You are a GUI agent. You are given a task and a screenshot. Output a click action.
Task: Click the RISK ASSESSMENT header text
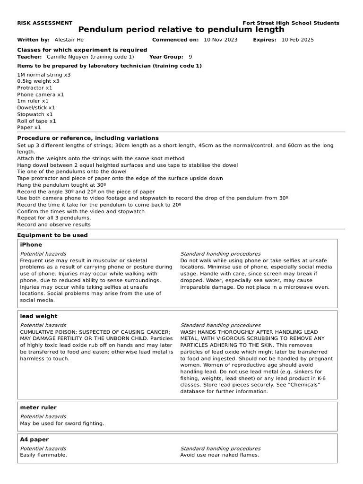44,23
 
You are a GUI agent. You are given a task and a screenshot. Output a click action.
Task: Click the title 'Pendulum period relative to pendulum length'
181,30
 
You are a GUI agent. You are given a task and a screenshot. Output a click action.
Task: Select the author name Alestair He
70,40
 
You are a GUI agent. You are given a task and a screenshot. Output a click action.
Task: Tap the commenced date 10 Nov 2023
221,40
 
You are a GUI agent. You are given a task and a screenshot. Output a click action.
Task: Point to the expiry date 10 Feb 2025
297,40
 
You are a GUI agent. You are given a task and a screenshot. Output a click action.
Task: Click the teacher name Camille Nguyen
90,56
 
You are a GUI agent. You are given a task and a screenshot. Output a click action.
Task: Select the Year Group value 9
190,56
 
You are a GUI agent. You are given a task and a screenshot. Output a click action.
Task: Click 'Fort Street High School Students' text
290,23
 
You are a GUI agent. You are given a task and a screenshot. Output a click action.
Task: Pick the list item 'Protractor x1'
35,88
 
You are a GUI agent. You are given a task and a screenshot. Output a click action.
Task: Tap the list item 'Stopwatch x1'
35,114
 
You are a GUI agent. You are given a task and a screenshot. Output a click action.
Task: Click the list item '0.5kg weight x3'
38,81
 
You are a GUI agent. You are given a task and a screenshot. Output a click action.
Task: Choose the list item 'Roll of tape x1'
36,121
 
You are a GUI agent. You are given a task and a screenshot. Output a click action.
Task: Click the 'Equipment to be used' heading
52,235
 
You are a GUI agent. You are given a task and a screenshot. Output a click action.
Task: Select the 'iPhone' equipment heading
31,245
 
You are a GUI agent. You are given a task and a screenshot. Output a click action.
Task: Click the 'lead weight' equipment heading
38,316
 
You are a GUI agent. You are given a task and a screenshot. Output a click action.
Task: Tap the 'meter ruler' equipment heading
38,407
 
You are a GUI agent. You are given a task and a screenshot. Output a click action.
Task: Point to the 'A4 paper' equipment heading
34,440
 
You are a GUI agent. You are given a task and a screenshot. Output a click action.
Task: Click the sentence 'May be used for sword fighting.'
62,423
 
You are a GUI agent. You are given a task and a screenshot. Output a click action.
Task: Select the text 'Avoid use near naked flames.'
219,455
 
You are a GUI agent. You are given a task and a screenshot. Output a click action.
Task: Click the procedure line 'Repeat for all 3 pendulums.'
54,218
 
